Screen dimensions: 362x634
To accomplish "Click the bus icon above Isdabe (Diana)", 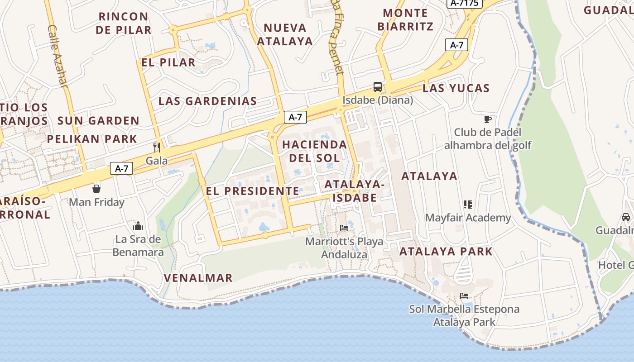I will pos(377,87).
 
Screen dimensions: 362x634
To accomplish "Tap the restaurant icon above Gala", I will pos(157,148).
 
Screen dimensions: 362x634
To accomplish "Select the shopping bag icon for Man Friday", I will pos(96,188).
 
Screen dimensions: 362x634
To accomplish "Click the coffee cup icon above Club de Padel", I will pos(487,119).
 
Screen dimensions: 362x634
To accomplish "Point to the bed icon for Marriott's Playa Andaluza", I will pos(344,228).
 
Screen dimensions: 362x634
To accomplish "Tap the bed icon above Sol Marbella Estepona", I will pos(464,296).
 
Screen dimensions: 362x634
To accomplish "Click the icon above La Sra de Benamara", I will pos(138,226).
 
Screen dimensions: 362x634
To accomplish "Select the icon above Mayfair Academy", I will pos(468,205).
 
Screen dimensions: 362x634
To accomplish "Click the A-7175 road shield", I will pos(465,3).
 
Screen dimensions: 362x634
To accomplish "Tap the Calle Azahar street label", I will pos(58,56).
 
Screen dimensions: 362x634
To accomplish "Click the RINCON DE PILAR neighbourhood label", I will pos(124,23).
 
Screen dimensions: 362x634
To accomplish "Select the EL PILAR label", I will pos(168,62).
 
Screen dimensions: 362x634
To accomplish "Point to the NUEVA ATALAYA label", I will pos(285,34).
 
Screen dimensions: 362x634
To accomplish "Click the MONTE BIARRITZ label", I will pos(405,19).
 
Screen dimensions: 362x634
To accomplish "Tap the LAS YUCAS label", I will pos(456,88).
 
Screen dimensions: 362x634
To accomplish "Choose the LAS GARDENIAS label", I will pos(207,101).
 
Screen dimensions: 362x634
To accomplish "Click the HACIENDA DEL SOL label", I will pos(314,151).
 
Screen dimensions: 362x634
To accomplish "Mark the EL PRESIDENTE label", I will pos(252,191).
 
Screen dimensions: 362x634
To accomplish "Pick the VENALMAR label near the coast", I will pos(198,278).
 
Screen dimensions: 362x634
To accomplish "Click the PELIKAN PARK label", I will pos(92,139).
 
